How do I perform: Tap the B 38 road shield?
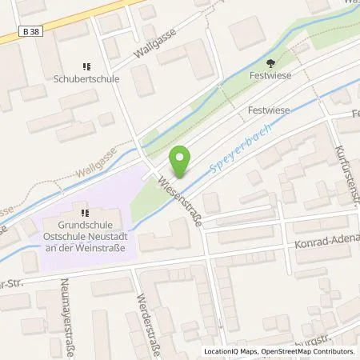[x=28, y=32]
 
